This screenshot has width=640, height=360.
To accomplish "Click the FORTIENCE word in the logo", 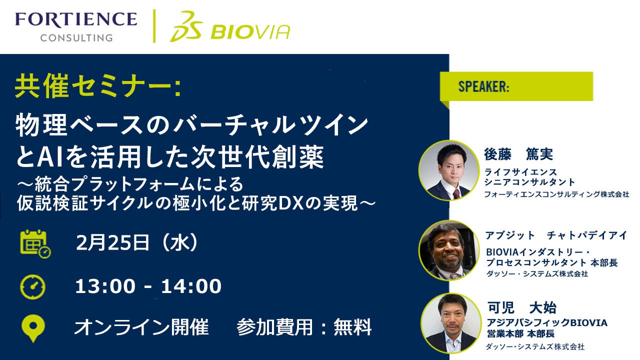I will (x=75, y=19).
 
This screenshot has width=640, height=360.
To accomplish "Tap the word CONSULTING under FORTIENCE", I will (x=76, y=37).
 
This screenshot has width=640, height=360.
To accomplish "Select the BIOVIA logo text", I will (x=250, y=31).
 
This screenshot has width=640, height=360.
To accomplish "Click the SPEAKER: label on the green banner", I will (x=483, y=86).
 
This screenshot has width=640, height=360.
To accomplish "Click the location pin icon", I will (x=33, y=327).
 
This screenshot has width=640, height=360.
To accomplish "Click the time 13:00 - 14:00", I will (x=148, y=286).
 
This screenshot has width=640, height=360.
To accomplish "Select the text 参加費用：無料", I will (x=304, y=327).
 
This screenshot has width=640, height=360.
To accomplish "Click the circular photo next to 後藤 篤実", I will (x=448, y=170).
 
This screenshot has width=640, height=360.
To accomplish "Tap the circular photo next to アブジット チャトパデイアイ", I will (x=448, y=250).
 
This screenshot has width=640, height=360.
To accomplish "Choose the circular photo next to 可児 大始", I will (x=448, y=323).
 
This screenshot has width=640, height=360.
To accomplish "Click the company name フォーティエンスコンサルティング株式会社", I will (x=556, y=194).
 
